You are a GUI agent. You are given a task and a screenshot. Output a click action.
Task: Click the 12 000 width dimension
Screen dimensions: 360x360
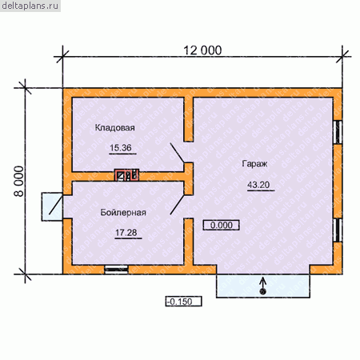coord(202,50)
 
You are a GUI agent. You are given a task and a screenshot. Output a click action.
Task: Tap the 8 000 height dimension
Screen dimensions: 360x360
coord(19,182)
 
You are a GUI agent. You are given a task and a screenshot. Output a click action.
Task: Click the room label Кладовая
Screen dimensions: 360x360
coord(115,127)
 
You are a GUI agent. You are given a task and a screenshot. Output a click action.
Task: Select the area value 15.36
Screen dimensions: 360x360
coord(121,147)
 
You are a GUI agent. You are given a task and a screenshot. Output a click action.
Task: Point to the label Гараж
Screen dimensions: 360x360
coord(254,163)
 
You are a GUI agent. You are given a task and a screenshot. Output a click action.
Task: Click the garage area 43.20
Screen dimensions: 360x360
coord(258,185)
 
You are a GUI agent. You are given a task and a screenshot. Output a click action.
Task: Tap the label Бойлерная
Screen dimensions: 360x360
coord(123,212)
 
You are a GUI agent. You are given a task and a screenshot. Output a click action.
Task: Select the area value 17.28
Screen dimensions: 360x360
coord(126,233)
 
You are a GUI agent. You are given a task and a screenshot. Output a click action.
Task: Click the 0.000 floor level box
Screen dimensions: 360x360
coord(222,225)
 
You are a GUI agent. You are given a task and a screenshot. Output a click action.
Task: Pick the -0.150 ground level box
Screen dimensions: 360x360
coord(183,302)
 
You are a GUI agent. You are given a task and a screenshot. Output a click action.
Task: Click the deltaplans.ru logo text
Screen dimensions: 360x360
coord(30,6)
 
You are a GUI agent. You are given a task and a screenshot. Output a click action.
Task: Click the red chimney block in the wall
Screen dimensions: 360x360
coord(126,175)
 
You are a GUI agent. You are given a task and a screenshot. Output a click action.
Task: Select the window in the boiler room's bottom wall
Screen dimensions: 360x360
coord(116,270)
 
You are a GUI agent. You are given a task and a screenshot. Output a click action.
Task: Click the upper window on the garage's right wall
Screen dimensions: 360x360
coord(338,132)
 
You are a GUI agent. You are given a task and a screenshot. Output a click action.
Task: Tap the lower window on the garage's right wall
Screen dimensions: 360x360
coord(338,230)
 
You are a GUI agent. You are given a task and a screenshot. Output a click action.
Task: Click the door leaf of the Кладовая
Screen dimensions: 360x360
coord(178,153)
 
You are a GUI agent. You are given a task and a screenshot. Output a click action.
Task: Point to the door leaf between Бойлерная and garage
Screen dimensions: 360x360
coord(178,205)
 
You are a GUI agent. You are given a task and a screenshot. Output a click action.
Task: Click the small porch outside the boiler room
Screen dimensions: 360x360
coord(52,206)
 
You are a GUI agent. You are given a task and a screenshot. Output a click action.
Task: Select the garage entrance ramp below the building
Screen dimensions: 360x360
coord(263,286)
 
